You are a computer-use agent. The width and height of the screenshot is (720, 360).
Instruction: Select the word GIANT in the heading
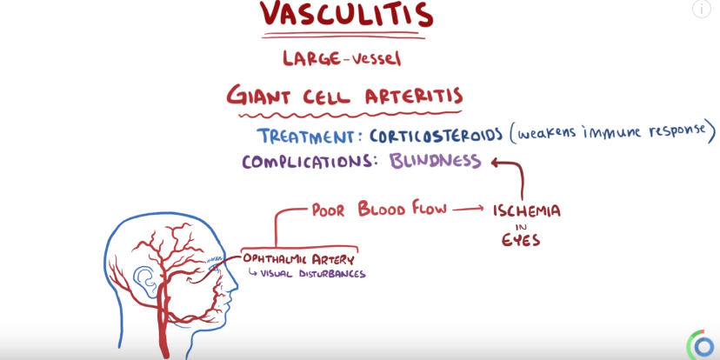262,95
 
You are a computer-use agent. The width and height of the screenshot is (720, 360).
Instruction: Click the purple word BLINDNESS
435,161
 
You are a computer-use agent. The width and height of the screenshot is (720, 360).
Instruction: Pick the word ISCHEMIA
526,211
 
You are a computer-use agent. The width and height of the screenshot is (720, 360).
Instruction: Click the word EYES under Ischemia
520,240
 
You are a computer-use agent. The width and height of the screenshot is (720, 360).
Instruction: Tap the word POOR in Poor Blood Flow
331,209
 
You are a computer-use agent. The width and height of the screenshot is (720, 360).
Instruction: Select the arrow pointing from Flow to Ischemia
468,210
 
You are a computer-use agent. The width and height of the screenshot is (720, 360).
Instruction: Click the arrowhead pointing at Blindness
496,162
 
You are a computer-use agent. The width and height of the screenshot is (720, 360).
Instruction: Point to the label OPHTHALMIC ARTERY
298,259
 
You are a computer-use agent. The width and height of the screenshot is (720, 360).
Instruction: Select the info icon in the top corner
702,9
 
